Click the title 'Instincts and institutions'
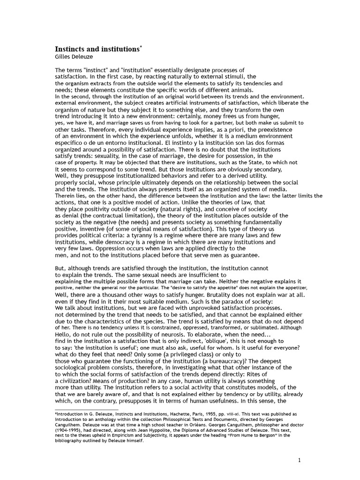pos(97,49)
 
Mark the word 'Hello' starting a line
pos(64,334)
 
